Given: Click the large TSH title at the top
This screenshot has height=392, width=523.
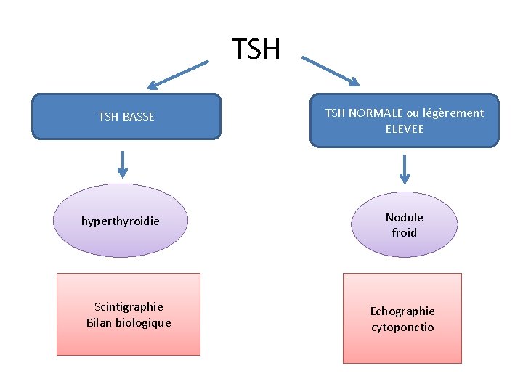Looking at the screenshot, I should [x=256, y=49].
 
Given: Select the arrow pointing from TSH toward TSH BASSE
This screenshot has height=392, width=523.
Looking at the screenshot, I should [x=179, y=75].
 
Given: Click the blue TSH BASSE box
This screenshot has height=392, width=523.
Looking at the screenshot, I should [x=126, y=116].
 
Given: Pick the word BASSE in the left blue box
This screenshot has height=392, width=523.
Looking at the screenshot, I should [x=139, y=116].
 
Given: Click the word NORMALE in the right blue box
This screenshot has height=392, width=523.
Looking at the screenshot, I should [x=377, y=113].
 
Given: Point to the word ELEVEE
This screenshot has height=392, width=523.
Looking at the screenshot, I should [x=405, y=128].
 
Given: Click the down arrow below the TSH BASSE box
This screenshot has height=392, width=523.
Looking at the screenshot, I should [x=123, y=163].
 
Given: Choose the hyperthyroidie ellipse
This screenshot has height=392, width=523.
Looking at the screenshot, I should [x=120, y=220].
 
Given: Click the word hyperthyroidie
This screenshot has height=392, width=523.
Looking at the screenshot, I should [x=120, y=221].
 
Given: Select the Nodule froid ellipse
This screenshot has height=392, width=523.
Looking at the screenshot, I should [x=404, y=224].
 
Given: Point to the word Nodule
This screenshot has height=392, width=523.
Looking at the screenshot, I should [x=404, y=217].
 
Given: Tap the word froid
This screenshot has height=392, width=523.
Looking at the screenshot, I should [x=404, y=233].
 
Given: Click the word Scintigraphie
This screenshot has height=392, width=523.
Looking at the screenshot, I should [x=129, y=306].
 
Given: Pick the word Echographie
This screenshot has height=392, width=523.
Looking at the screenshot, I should [x=402, y=311].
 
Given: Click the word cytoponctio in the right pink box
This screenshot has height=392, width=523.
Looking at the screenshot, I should [x=402, y=327].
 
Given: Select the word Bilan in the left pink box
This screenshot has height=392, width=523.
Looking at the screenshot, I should [x=99, y=322].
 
